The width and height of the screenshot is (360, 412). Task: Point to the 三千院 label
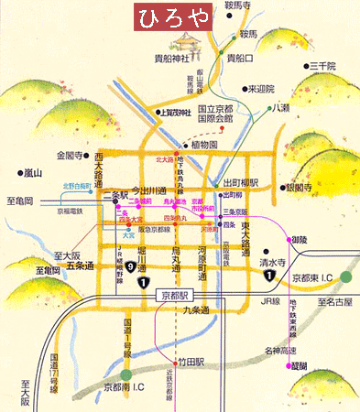tap(323, 66)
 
